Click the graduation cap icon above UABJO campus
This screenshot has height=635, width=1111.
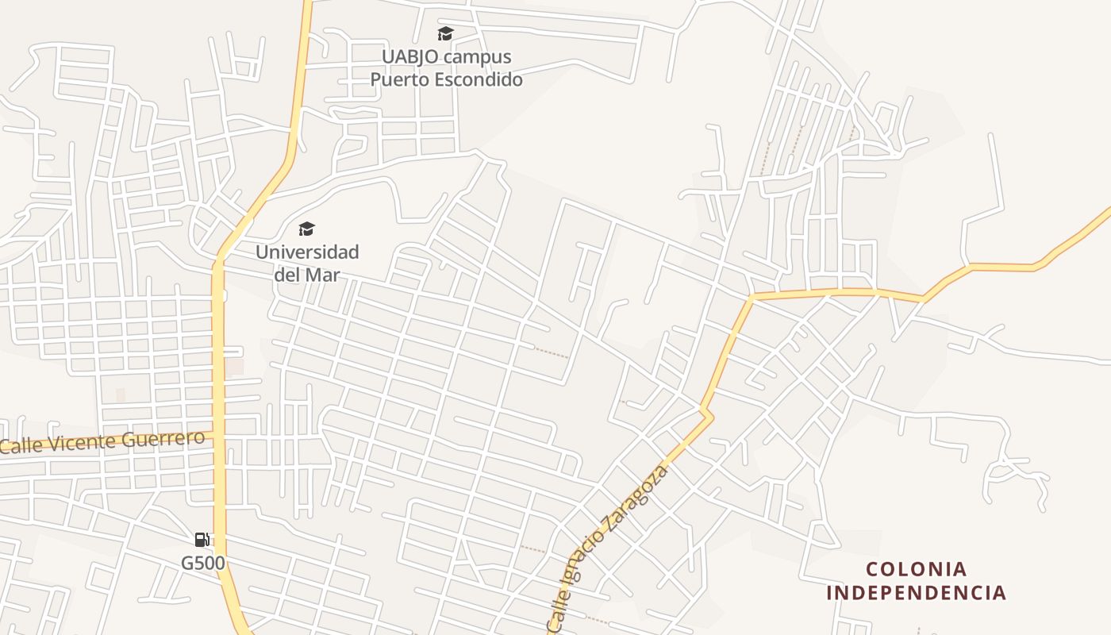pyautogui.click(x=445, y=33)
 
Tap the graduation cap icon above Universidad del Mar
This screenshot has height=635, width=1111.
pyautogui.click(x=306, y=229)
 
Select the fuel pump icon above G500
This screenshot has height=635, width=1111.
pyautogui.click(x=202, y=540)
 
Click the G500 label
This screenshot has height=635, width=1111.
pyautogui.click(x=203, y=563)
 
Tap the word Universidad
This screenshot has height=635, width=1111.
pyautogui.click(x=307, y=252)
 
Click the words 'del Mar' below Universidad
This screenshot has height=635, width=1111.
pyautogui.click(x=307, y=275)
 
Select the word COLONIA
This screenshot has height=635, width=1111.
pyautogui.click(x=917, y=569)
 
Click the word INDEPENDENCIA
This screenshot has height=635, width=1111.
pyautogui.click(x=917, y=593)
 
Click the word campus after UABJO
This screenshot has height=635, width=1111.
pyautogui.click(x=478, y=57)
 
